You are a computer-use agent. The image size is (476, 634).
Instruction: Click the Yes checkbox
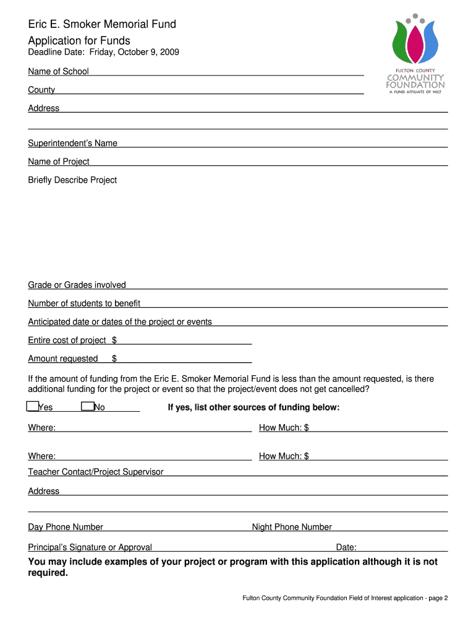(x=32, y=407)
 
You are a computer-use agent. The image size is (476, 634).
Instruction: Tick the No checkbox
(x=87, y=407)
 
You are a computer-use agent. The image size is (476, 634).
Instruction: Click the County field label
(x=41, y=90)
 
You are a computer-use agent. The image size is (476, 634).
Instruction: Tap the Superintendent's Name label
(x=72, y=144)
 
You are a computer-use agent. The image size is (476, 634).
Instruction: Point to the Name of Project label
(x=59, y=162)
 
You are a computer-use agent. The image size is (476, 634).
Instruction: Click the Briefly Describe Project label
(x=72, y=180)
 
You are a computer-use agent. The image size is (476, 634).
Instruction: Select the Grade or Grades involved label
(x=77, y=285)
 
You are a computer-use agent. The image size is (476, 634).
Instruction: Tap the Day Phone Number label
(x=66, y=528)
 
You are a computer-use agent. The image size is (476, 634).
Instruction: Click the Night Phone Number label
(x=292, y=528)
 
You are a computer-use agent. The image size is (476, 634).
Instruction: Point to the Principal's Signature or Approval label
(x=90, y=547)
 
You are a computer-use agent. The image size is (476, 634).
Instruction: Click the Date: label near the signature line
(x=346, y=547)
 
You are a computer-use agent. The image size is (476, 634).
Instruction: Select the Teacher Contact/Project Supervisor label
(x=96, y=472)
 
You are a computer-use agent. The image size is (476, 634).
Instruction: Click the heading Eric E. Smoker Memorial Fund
(x=102, y=25)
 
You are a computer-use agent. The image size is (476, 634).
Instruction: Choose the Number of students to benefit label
(x=84, y=304)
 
